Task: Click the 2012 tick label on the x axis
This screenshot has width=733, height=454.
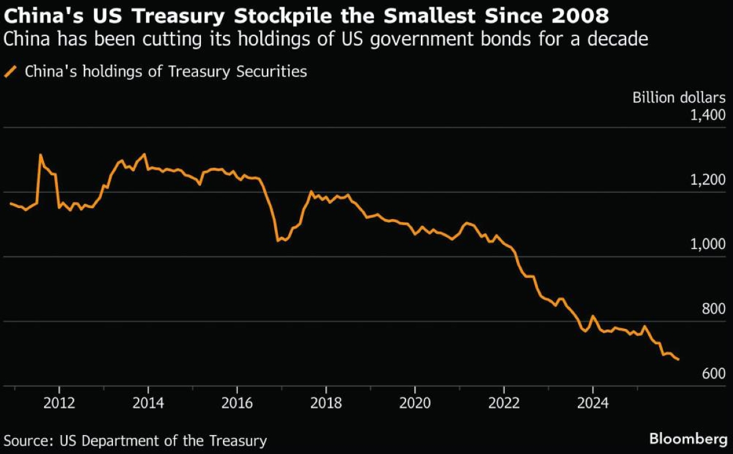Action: click(59, 403)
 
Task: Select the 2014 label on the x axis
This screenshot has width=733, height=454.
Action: click(148, 403)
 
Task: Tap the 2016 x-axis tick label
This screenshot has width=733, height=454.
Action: click(237, 403)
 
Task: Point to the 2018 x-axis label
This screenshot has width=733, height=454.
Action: click(326, 403)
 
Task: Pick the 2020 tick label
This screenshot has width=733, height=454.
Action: click(415, 403)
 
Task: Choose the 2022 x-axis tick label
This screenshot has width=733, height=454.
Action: click(503, 403)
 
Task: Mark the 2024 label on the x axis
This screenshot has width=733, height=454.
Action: click(593, 403)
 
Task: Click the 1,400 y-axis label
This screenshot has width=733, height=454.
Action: click(707, 115)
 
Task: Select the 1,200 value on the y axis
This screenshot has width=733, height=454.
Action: click(707, 180)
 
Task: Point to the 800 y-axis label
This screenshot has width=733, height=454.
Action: click(713, 309)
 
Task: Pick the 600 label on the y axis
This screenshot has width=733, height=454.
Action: click(713, 373)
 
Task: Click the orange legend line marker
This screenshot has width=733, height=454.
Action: click(10, 72)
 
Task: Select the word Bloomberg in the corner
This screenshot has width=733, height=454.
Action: click(687, 439)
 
